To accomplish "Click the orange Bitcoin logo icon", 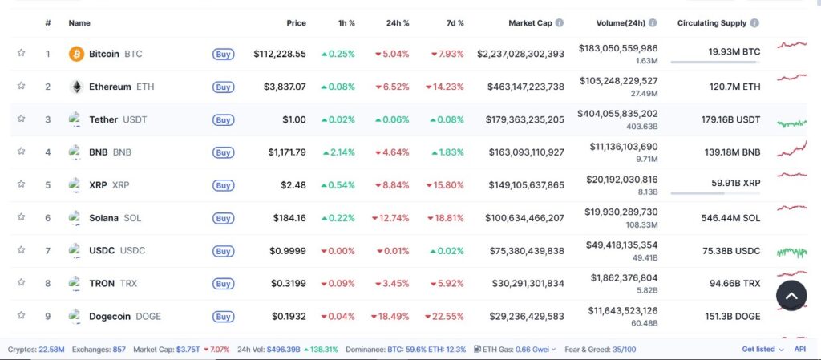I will pos(76,54).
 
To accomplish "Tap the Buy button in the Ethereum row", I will pos(223,87).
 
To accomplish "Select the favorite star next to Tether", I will pos(21,119).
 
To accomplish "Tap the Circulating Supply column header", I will pos(711,23).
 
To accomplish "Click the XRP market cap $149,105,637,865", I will pos(526,184).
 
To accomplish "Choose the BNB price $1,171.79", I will pos(286,152).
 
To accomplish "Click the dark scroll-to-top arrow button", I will pos(791,296).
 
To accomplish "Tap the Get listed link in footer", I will pos(758,350).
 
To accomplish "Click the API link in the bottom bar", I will pos(799,350).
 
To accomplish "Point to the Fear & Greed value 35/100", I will pos(623,350).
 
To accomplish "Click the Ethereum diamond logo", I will pos(76,87).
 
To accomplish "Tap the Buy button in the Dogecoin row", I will pos(223,316).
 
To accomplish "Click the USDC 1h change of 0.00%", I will pos(338,250).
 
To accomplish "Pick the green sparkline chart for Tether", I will pos(791,123).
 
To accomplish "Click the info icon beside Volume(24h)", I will pos(653,23).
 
